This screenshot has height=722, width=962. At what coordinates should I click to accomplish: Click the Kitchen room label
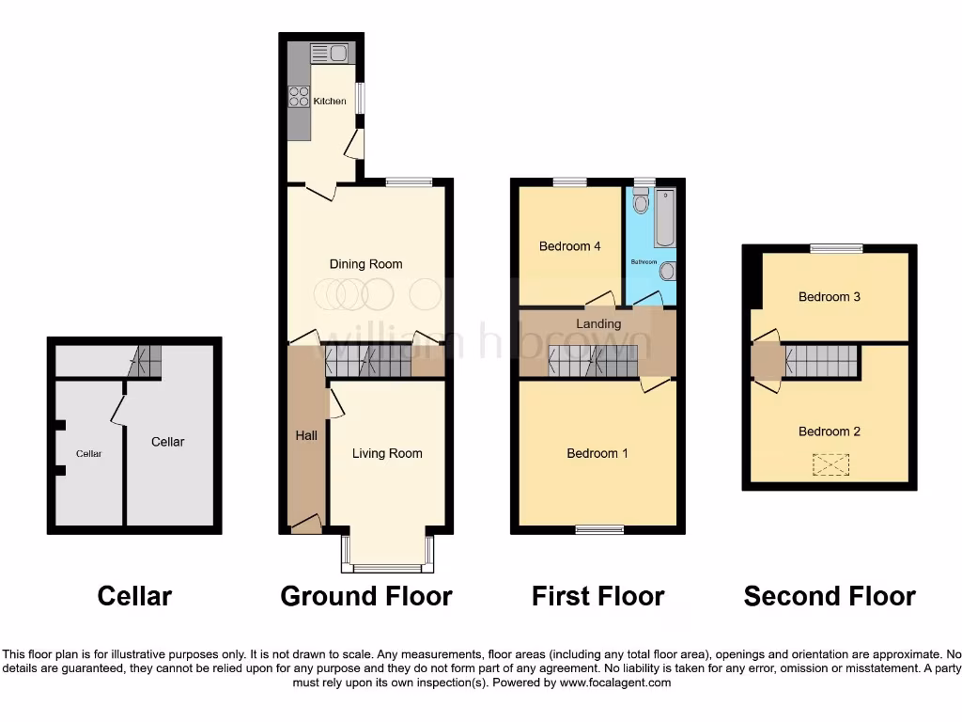point(330,101)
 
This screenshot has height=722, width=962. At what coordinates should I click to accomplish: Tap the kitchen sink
point(329,53)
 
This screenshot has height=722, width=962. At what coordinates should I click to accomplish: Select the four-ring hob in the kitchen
point(300,96)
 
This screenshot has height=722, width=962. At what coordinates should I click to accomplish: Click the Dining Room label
point(365,264)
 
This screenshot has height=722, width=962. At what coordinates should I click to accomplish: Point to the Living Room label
point(387,453)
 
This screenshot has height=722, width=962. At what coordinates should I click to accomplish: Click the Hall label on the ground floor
point(306,435)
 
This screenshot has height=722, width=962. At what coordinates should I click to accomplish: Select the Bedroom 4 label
point(569,246)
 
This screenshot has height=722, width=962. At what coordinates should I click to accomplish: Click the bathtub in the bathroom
point(663,216)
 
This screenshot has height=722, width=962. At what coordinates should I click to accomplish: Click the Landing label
point(598,323)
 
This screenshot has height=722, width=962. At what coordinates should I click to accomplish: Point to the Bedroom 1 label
point(597,453)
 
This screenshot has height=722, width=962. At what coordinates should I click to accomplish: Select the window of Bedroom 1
point(599,529)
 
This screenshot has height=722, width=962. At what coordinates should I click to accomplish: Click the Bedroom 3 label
point(830,296)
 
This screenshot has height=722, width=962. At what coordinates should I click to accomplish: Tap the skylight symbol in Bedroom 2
point(830,463)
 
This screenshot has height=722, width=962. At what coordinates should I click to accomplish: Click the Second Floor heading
point(830,596)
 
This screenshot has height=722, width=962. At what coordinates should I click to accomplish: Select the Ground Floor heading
point(366,596)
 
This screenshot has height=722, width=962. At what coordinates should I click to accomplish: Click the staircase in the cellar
point(146,361)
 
